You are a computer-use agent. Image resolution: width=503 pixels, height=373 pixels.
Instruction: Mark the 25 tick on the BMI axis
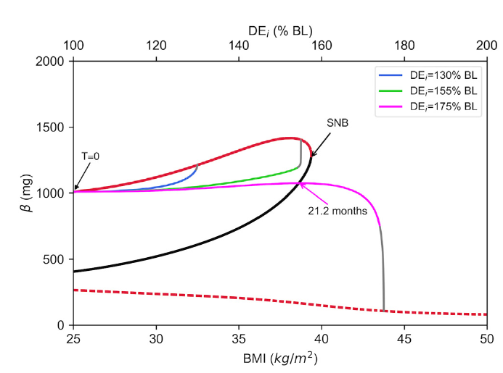[73, 339]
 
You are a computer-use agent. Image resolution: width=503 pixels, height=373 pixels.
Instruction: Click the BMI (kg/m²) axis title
[279, 358]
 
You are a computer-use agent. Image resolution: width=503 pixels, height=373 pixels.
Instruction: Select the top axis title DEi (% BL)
[279, 28]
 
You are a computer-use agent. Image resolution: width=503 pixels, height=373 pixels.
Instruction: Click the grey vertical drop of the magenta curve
[383, 268]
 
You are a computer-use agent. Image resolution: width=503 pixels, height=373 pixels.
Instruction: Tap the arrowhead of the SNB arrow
[312, 155]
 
